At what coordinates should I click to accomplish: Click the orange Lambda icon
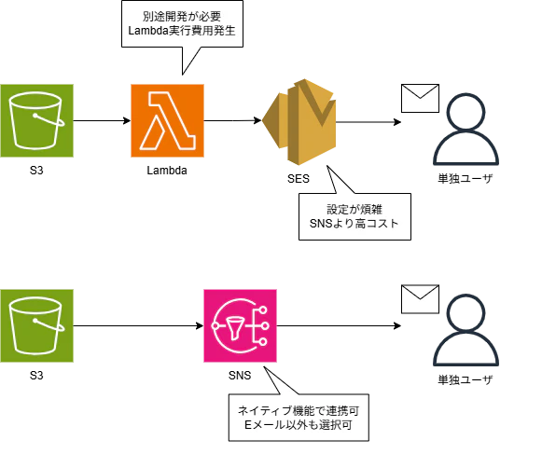[x=167, y=120]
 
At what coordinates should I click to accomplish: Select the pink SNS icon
[x=241, y=325]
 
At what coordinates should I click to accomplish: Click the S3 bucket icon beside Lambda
[x=36, y=120]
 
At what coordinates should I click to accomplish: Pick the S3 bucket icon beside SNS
[x=36, y=325]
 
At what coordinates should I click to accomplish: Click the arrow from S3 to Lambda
[x=102, y=120]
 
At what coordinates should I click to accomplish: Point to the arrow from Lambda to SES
[x=232, y=120]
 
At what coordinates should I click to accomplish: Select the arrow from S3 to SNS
[x=139, y=325]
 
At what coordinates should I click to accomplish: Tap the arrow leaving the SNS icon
[x=339, y=325]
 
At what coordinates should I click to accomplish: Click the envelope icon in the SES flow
[x=420, y=98]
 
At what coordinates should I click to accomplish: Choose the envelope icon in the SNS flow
[x=420, y=299]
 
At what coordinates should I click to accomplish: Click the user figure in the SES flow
[x=466, y=129]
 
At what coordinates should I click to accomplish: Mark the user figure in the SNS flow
[x=466, y=330]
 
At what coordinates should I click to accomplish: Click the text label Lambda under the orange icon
[x=167, y=171]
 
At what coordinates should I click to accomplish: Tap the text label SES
[x=299, y=179]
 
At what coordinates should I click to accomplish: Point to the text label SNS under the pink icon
[x=240, y=375]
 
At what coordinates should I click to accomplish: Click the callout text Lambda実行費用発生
[x=182, y=31]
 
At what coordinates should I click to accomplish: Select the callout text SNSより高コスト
[x=354, y=224]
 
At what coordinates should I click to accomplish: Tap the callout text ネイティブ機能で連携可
[x=299, y=410]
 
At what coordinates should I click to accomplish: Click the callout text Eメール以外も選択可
[x=299, y=425]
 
